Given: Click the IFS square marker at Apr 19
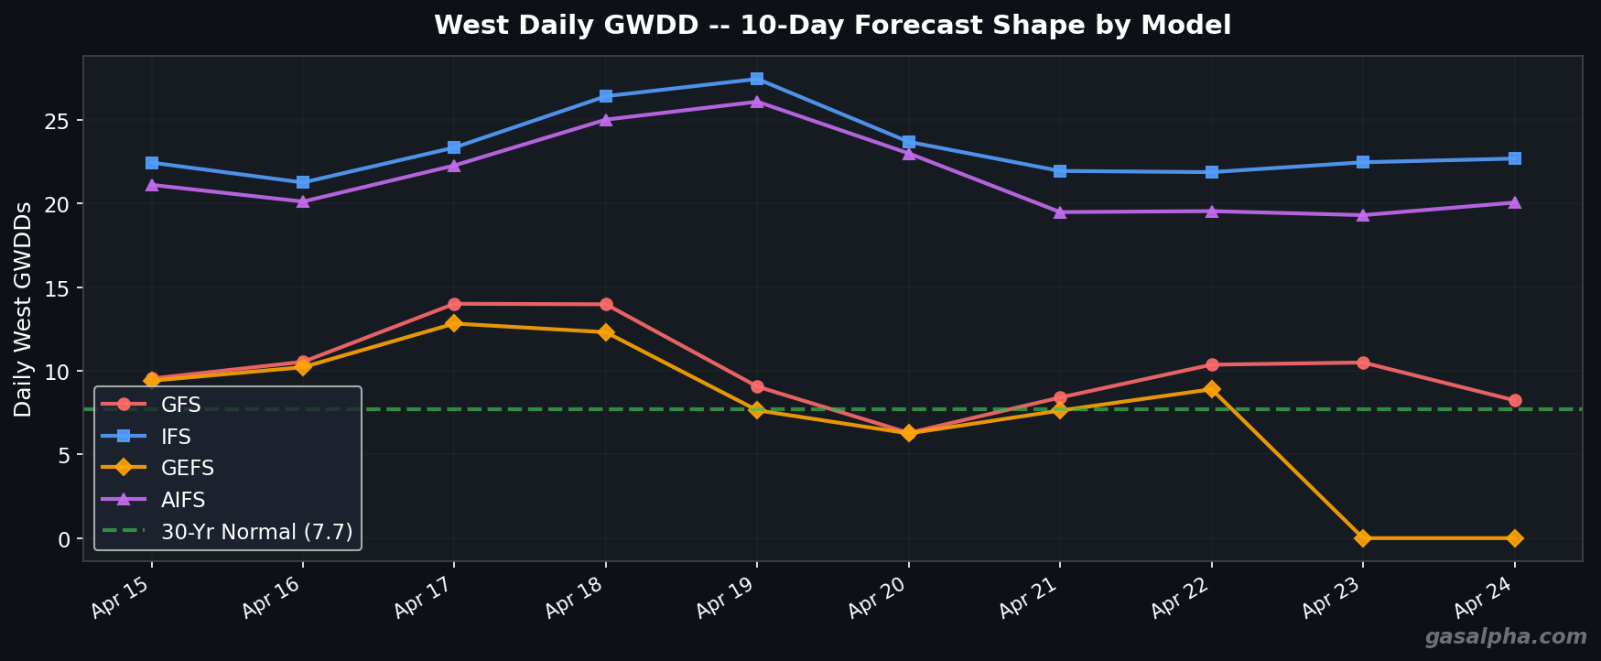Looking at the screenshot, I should click(757, 79).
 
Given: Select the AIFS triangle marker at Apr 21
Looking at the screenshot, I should click(1060, 212).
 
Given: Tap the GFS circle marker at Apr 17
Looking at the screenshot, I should click(454, 304).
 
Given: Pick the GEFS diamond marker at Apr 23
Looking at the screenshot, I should click(1363, 538).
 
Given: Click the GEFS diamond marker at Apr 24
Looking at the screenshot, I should click(1515, 538).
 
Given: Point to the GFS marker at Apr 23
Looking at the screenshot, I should click(1363, 363).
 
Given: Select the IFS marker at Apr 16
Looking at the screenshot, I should click(303, 182).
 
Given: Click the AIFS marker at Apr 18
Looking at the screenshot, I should click(606, 119).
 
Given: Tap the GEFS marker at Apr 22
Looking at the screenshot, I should click(1212, 389).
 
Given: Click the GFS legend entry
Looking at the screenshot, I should click(180, 405).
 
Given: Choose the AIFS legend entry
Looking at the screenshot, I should click(183, 500).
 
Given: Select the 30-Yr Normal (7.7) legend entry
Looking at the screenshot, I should click(256, 532).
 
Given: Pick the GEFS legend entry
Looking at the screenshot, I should click(187, 468).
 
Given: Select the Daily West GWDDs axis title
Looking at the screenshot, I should click(24, 309).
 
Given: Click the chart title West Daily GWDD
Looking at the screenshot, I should click(832, 26).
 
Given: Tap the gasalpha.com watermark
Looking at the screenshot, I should click(1505, 637).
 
